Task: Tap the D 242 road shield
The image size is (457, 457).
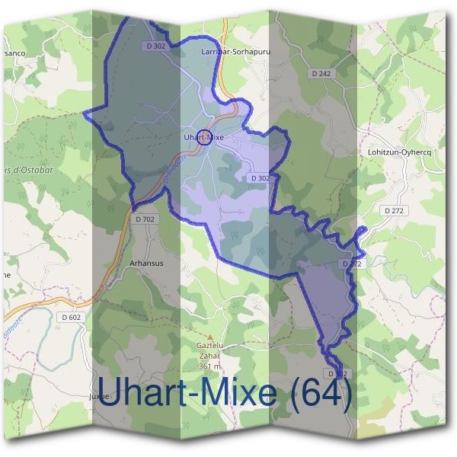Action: (x=321, y=73)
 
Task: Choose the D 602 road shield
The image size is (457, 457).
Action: (x=72, y=317)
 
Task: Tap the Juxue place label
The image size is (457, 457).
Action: (x=99, y=397)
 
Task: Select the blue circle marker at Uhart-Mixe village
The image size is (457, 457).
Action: (x=203, y=138)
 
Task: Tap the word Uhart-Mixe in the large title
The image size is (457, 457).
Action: (x=187, y=393)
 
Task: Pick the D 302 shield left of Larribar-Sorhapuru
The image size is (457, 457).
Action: (x=155, y=46)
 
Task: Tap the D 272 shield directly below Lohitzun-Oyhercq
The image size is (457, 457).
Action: (x=394, y=209)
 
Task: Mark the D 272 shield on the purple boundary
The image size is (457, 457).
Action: (x=351, y=264)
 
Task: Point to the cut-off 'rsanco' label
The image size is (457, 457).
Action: (x=13, y=53)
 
